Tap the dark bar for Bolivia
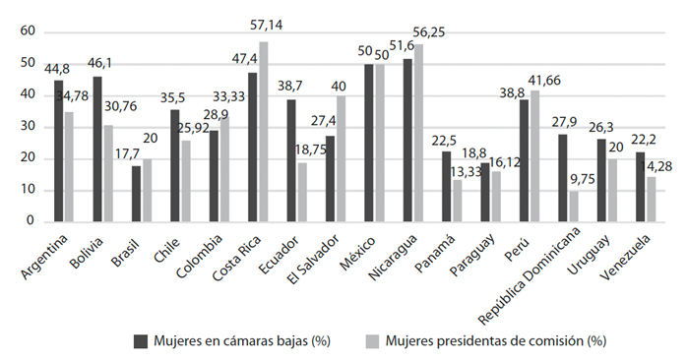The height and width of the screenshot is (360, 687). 97,149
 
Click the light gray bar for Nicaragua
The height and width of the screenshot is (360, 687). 418,133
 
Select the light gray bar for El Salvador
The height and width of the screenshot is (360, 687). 340,158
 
